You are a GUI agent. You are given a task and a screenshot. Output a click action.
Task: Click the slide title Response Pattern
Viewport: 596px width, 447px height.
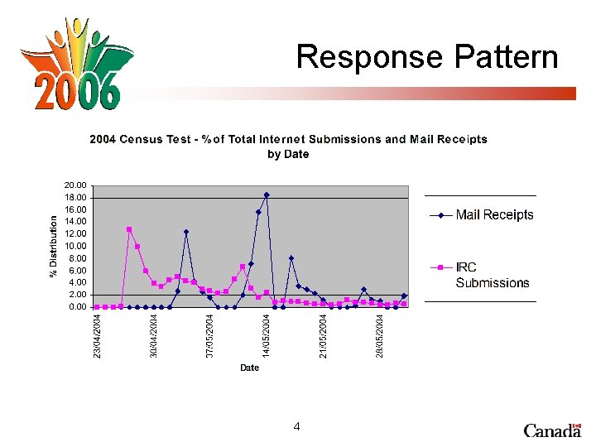tap(427, 57)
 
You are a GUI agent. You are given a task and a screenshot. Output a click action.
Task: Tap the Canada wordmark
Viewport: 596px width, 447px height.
tap(552, 430)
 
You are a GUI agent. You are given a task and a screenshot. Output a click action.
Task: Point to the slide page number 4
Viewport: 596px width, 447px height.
tap(296, 427)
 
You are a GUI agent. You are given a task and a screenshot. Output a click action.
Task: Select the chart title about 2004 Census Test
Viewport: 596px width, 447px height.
tap(288, 147)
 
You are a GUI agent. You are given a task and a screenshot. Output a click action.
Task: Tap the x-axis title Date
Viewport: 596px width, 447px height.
tap(249, 368)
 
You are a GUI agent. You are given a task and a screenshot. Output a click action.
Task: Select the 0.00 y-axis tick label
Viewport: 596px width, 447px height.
tap(76, 307)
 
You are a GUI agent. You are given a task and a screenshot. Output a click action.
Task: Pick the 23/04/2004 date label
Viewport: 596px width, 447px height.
tap(98, 336)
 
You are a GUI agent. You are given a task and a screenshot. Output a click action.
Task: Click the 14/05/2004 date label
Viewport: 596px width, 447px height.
tap(267, 336)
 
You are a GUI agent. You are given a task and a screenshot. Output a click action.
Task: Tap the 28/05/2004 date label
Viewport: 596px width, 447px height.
tap(380, 336)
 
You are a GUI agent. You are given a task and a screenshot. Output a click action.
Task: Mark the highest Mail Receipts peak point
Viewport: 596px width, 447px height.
tap(267, 195)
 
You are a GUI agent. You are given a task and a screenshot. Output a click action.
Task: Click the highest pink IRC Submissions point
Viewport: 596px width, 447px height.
tap(129, 229)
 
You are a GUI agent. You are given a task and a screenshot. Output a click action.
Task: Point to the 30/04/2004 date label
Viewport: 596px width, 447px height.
tap(154, 336)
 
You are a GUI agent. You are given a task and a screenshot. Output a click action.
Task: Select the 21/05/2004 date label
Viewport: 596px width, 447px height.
tap(324, 336)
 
